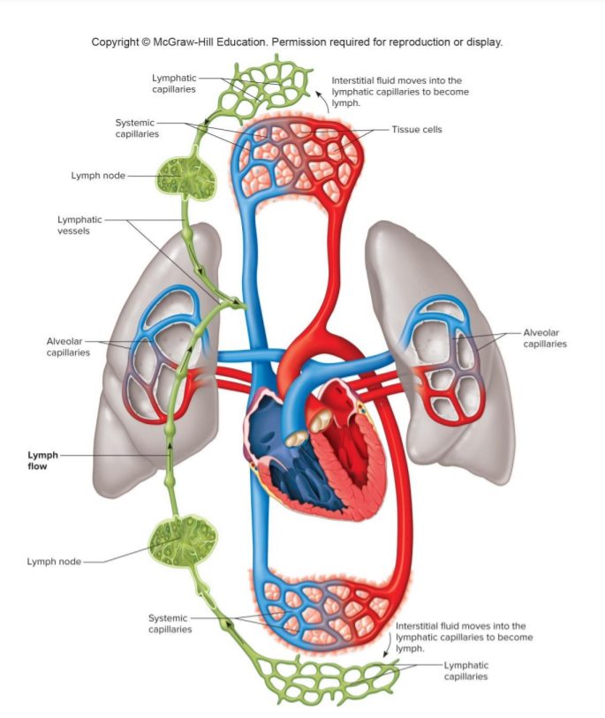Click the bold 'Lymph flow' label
(x=42, y=460)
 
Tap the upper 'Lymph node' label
(x=97, y=175)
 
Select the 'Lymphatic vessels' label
(x=79, y=225)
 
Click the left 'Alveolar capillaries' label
(x=68, y=346)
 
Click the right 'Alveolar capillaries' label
(x=544, y=338)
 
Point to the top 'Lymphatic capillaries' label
(x=173, y=83)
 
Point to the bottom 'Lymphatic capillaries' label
(x=465, y=670)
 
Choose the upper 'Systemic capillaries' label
(x=137, y=128)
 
